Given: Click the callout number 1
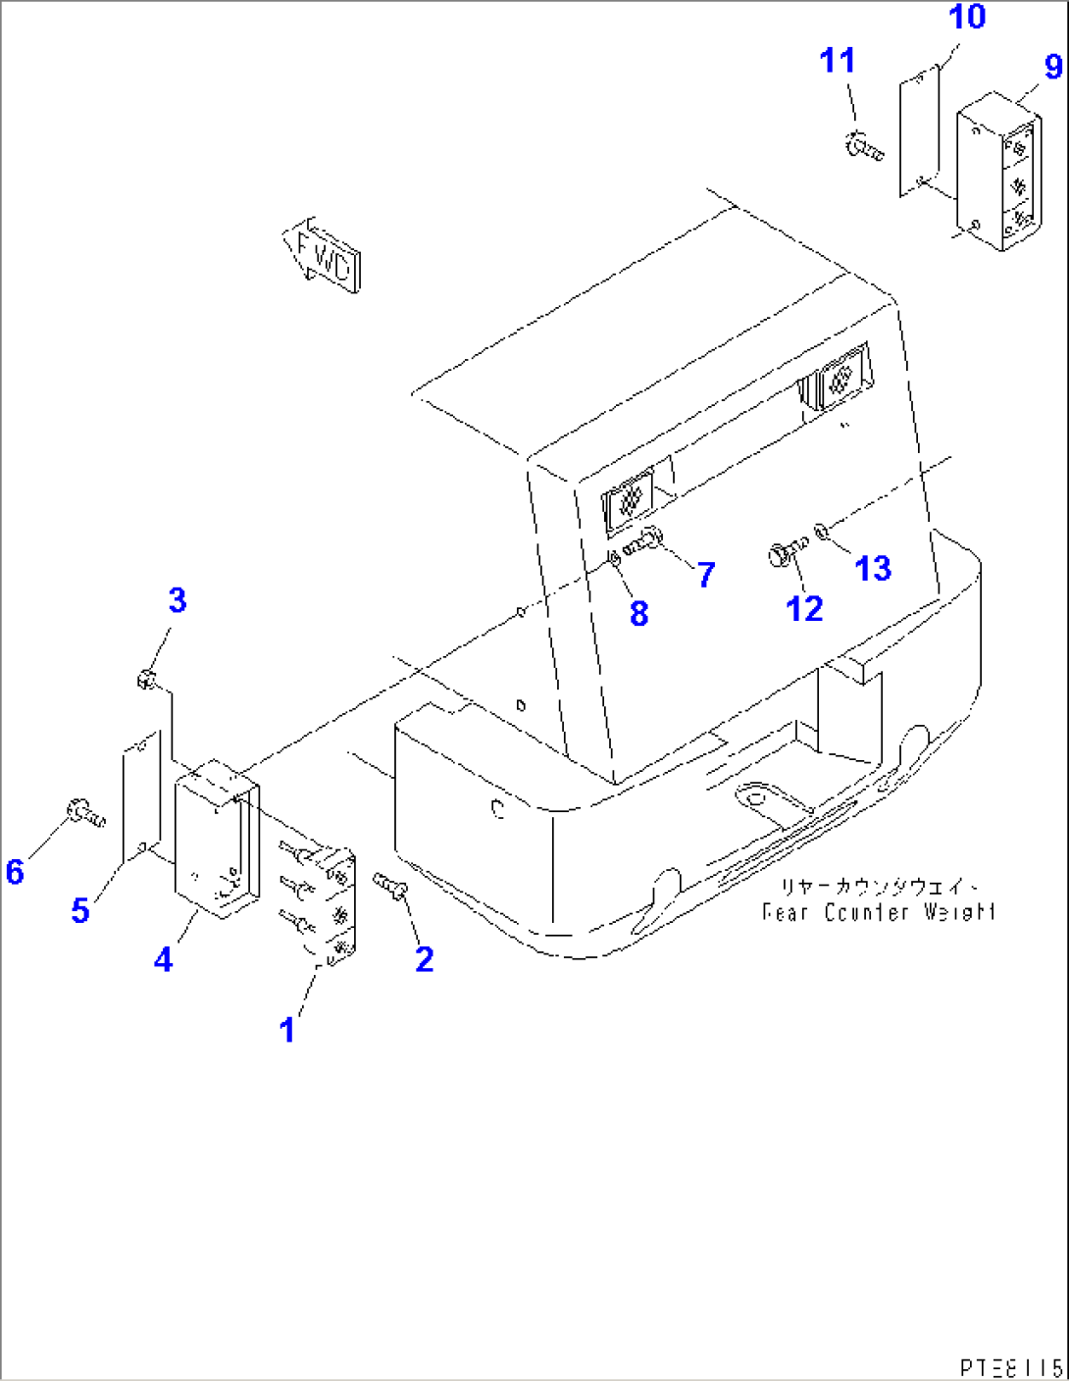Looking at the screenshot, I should coord(286,1030).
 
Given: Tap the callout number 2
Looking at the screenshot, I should coord(424,958).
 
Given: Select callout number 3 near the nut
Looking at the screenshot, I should coord(177,600).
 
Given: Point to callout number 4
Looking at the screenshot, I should coord(163,959).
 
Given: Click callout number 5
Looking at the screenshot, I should coord(80,910).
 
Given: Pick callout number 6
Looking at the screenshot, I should coord(15,871).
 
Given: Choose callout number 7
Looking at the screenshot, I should coord(706,575).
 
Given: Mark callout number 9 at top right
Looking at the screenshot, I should coord(1053,67).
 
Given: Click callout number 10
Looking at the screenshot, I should coord(967,17).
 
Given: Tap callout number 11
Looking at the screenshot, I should coord(838,61).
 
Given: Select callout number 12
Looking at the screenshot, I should coord(804,609).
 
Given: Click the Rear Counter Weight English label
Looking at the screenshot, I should coord(879,912).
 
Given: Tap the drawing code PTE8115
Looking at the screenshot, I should coord(1010,1366).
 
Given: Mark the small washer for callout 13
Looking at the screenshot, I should coord(823,533).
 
